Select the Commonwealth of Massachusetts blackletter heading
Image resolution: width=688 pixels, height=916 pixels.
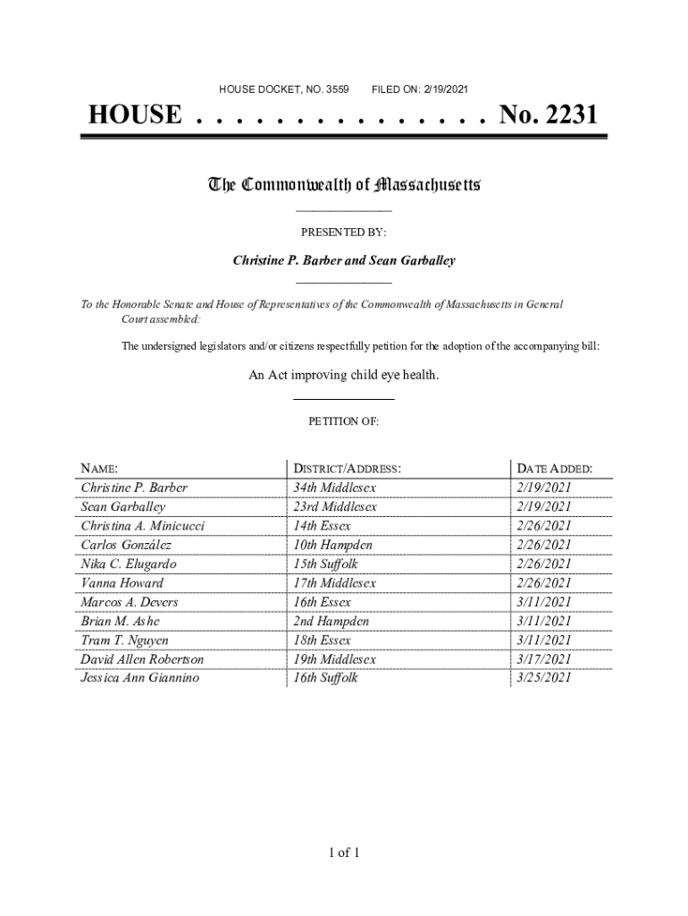tap(344, 185)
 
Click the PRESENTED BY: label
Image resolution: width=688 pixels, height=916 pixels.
tap(343, 232)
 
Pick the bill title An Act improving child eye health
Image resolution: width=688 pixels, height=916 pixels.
tap(343, 376)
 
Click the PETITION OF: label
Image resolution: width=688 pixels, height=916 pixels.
tap(343, 420)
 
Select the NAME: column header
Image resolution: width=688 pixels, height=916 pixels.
tap(99, 469)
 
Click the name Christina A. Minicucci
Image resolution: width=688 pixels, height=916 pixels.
tap(142, 526)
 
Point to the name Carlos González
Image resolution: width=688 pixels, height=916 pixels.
tap(126, 545)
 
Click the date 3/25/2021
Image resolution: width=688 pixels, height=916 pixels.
tap(543, 678)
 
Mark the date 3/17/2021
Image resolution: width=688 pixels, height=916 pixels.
tap(543, 659)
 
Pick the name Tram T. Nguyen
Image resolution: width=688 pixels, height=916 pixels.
tap(124, 640)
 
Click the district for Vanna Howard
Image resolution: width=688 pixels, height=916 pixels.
tap(334, 583)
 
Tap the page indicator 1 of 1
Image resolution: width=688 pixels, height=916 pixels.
tap(343, 852)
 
